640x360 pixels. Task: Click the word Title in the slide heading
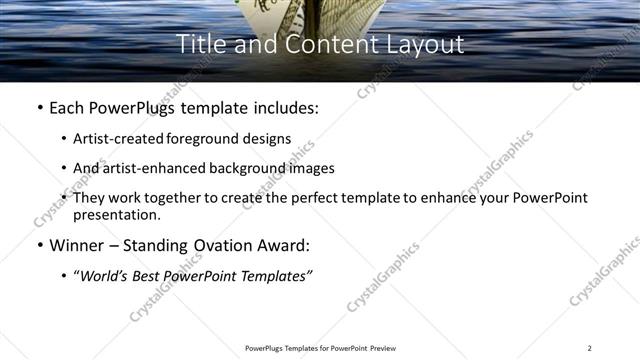[200, 44]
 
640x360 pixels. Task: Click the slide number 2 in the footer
[590, 348]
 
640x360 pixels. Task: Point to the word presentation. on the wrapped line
[116, 215]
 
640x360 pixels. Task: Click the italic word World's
[104, 277]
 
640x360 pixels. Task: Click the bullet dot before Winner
[39, 245]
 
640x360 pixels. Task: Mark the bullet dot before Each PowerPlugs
[39, 106]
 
